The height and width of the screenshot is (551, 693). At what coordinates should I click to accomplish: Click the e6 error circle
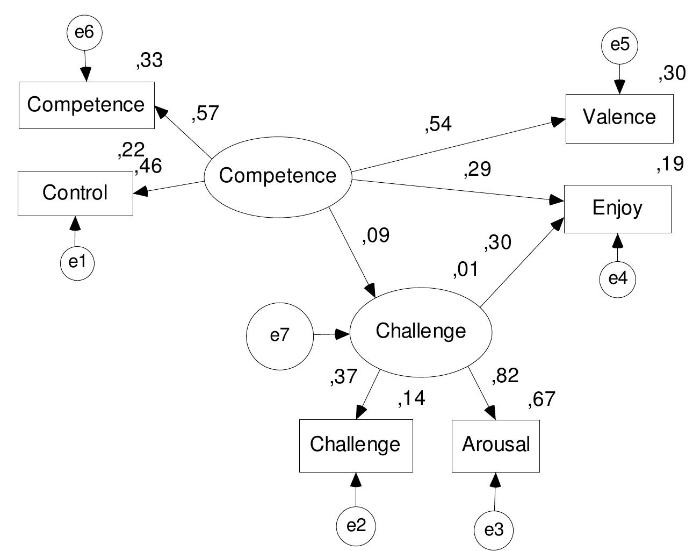(x=84, y=33)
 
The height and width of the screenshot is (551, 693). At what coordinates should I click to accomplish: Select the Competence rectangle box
(x=86, y=105)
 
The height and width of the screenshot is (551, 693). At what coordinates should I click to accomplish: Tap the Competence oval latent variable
(x=278, y=176)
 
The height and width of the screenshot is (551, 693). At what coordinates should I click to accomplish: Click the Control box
(x=75, y=193)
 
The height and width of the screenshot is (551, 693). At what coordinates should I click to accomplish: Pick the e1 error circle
(x=77, y=262)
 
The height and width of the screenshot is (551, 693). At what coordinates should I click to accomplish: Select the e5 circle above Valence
(x=619, y=45)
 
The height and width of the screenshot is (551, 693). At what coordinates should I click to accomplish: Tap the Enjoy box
(x=617, y=209)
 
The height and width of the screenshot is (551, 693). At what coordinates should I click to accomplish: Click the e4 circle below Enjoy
(x=618, y=279)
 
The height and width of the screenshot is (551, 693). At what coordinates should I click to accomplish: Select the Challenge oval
(x=421, y=331)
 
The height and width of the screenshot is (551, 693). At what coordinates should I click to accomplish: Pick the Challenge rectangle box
(x=356, y=445)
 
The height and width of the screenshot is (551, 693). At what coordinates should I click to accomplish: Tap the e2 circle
(x=355, y=525)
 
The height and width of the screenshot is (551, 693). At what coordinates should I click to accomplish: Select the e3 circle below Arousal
(x=494, y=531)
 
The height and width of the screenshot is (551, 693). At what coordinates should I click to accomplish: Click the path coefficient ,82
(x=505, y=376)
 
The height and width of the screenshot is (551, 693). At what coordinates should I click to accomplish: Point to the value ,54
(x=438, y=124)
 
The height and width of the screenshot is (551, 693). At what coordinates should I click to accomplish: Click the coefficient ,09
(x=376, y=235)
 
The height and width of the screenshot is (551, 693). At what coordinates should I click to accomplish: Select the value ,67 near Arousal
(x=541, y=400)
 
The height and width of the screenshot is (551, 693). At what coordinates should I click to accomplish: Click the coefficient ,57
(x=205, y=113)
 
